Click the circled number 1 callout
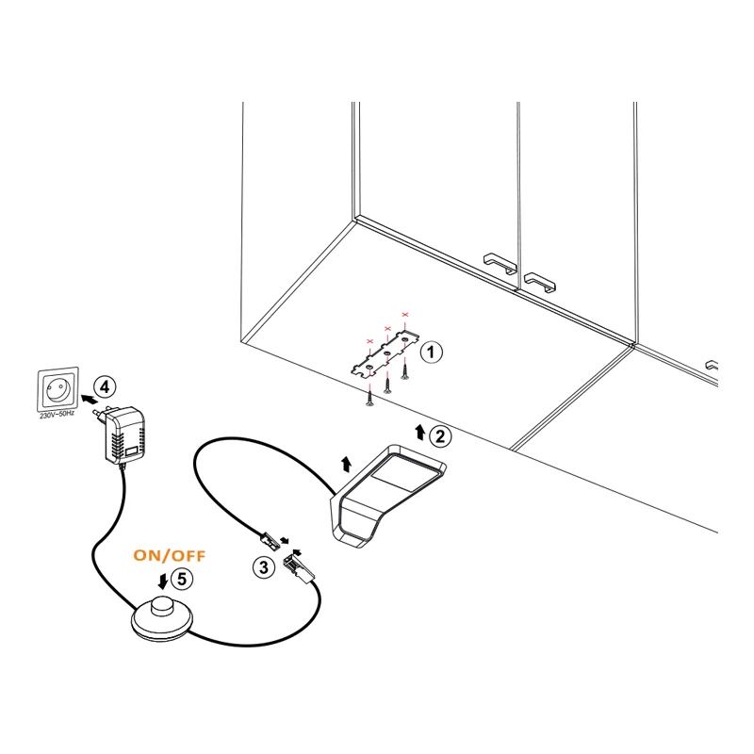point(432,352)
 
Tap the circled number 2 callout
point(440,436)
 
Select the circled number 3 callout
point(264,567)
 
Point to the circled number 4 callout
point(105,387)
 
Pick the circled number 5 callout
point(182,579)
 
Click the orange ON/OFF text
point(170,555)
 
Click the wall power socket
point(57,389)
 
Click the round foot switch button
point(161,619)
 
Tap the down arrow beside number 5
point(163,581)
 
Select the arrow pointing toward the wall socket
point(88,399)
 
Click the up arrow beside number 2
point(420,432)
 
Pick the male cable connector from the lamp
point(270,540)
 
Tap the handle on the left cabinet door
point(500,263)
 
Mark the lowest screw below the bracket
point(369,398)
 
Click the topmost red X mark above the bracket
point(405,315)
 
